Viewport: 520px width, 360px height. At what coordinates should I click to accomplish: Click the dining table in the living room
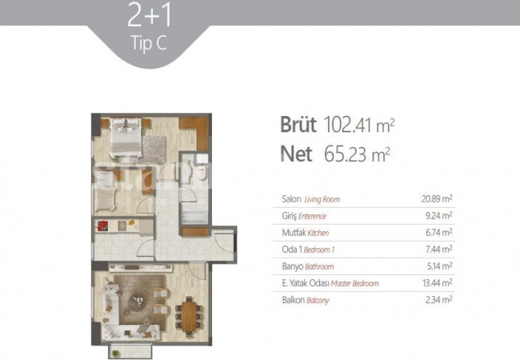[190, 315]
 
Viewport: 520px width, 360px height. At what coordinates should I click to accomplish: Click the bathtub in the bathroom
[194, 217]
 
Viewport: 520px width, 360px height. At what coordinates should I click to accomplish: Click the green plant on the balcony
[115, 354]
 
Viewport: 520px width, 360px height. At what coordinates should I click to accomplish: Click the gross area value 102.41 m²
[359, 125]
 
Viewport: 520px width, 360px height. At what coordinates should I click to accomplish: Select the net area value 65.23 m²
[357, 154]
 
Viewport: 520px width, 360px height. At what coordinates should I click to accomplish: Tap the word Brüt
[298, 125]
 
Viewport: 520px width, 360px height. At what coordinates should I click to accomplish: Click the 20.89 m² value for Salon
[437, 199]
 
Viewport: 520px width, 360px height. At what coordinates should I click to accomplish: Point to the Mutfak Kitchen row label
[305, 233]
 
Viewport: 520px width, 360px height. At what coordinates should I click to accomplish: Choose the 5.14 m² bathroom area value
[438, 266]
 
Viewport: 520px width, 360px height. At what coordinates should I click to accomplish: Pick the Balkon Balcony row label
[306, 300]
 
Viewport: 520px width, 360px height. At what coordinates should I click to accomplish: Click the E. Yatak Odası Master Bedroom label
[330, 283]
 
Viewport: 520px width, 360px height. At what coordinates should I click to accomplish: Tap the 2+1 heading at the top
[150, 15]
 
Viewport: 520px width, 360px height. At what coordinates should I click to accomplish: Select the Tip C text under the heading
[149, 42]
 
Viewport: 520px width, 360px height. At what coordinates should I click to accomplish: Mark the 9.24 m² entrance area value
[438, 216]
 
